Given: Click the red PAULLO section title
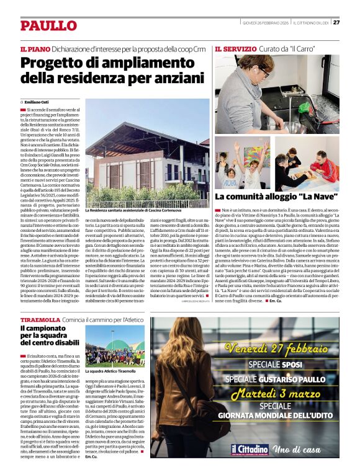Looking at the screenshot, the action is point(48,25).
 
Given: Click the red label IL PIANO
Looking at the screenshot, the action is point(35,48).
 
